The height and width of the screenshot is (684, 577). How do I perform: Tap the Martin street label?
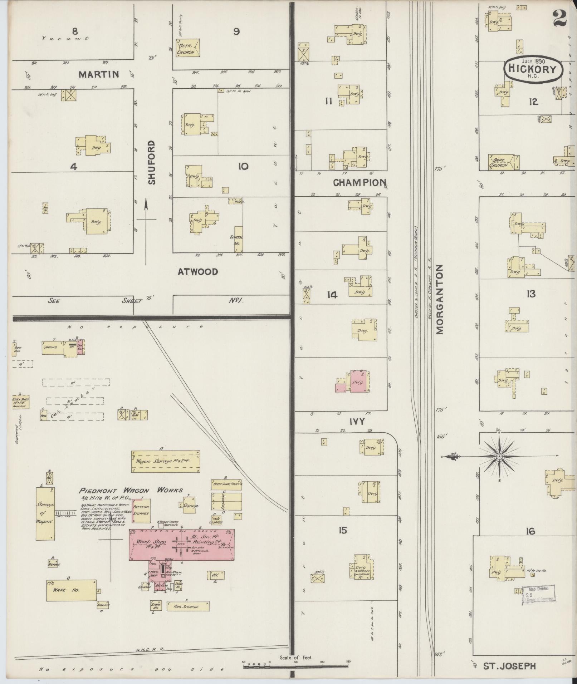99,74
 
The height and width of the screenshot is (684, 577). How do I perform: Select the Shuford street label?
152,162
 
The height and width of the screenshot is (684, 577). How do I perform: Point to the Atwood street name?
198,272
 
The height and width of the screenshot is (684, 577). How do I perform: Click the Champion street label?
360,183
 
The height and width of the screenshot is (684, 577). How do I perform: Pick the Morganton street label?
440,299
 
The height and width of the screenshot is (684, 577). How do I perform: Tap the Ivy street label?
357,422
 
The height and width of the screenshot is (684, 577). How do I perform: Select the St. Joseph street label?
509,666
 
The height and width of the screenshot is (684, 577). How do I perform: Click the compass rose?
499,457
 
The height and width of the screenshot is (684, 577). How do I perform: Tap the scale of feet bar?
296,665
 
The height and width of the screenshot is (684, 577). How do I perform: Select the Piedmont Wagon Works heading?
131,490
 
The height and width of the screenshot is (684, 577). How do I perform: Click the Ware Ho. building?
71,590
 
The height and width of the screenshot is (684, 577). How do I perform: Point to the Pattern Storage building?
141,511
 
